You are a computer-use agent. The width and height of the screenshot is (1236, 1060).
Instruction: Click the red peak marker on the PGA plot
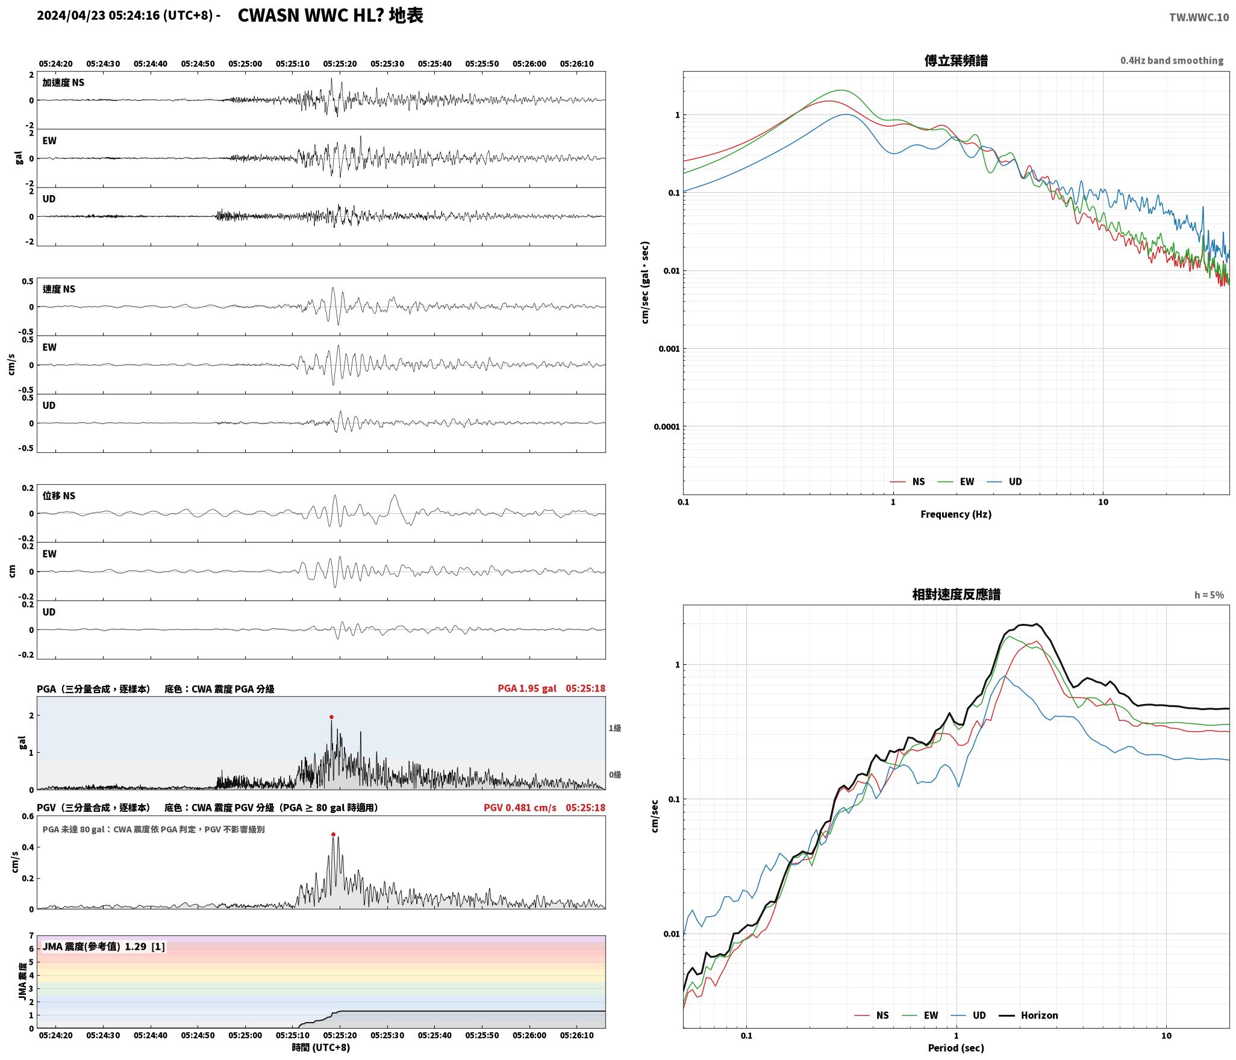click(x=331, y=717)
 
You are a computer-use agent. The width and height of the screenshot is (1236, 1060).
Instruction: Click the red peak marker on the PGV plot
click(x=333, y=834)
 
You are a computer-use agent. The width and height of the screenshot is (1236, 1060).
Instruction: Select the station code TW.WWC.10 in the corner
click(x=1199, y=17)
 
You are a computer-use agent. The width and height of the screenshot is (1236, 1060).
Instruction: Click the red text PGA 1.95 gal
click(x=527, y=688)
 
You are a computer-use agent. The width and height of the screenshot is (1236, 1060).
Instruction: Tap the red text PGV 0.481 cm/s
click(x=520, y=807)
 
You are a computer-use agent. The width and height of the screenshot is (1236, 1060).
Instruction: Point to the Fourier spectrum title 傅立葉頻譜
click(x=956, y=60)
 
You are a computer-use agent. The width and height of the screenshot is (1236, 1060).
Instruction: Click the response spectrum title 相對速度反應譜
click(x=956, y=594)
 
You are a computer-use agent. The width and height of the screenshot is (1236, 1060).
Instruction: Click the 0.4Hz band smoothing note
click(x=1172, y=60)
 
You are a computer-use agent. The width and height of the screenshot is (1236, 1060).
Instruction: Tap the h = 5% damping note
click(x=1209, y=595)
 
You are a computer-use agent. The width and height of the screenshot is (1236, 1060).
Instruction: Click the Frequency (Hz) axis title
click(x=956, y=514)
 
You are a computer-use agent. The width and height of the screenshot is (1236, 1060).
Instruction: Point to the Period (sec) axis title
click(x=956, y=1047)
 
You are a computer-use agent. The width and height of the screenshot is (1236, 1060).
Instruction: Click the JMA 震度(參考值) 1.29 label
click(x=104, y=946)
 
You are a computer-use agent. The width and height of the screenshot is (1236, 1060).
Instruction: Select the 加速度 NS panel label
click(x=63, y=83)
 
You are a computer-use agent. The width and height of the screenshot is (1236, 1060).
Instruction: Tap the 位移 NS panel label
click(x=59, y=496)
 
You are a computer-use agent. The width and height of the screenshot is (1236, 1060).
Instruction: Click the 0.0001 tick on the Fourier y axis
click(x=666, y=427)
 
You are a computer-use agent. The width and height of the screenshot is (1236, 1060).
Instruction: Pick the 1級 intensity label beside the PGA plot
click(x=614, y=728)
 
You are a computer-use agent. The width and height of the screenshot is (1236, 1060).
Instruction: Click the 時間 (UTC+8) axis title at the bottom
click(x=321, y=1047)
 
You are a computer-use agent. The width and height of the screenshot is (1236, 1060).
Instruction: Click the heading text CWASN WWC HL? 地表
click(x=331, y=15)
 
